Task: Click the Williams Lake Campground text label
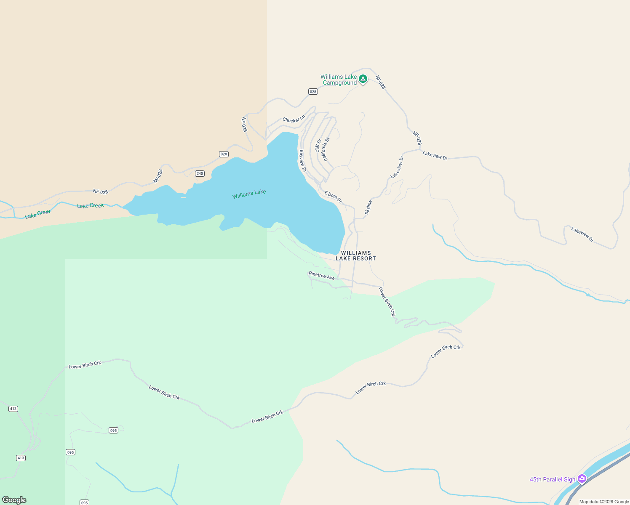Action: click(339, 80)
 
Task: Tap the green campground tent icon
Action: click(363, 79)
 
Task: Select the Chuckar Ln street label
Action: click(294, 119)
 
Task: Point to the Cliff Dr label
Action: click(318, 146)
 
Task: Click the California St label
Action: click(325, 149)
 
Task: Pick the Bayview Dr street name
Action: click(302, 161)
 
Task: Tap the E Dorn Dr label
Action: click(333, 197)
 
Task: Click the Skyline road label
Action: click(368, 207)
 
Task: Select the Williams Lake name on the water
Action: click(249, 194)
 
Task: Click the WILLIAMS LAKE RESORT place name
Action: click(355, 256)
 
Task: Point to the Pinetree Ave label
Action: click(321, 276)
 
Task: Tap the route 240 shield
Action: click(200, 173)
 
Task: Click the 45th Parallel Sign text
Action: click(552, 479)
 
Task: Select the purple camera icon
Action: click(582, 478)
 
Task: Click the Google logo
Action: click(14, 500)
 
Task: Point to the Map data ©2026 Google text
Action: click(604, 502)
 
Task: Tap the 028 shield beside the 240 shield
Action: click(224, 154)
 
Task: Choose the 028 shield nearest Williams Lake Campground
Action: click(313, 92)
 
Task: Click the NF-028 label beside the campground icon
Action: click(380, 82)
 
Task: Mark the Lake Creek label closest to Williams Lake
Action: click(90, 206)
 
